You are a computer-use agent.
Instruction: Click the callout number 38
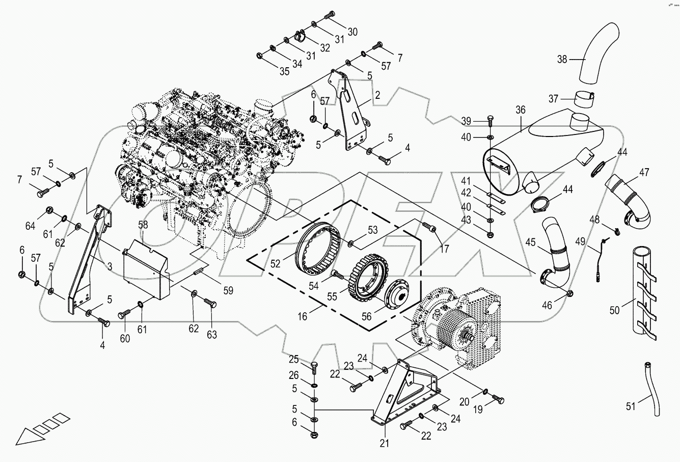(561, 59)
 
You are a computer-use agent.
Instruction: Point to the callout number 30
(352, 32)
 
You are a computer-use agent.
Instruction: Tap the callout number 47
(644, 172)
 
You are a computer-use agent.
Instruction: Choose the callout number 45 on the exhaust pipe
(530, 242)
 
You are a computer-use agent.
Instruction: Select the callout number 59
(228, 290)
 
